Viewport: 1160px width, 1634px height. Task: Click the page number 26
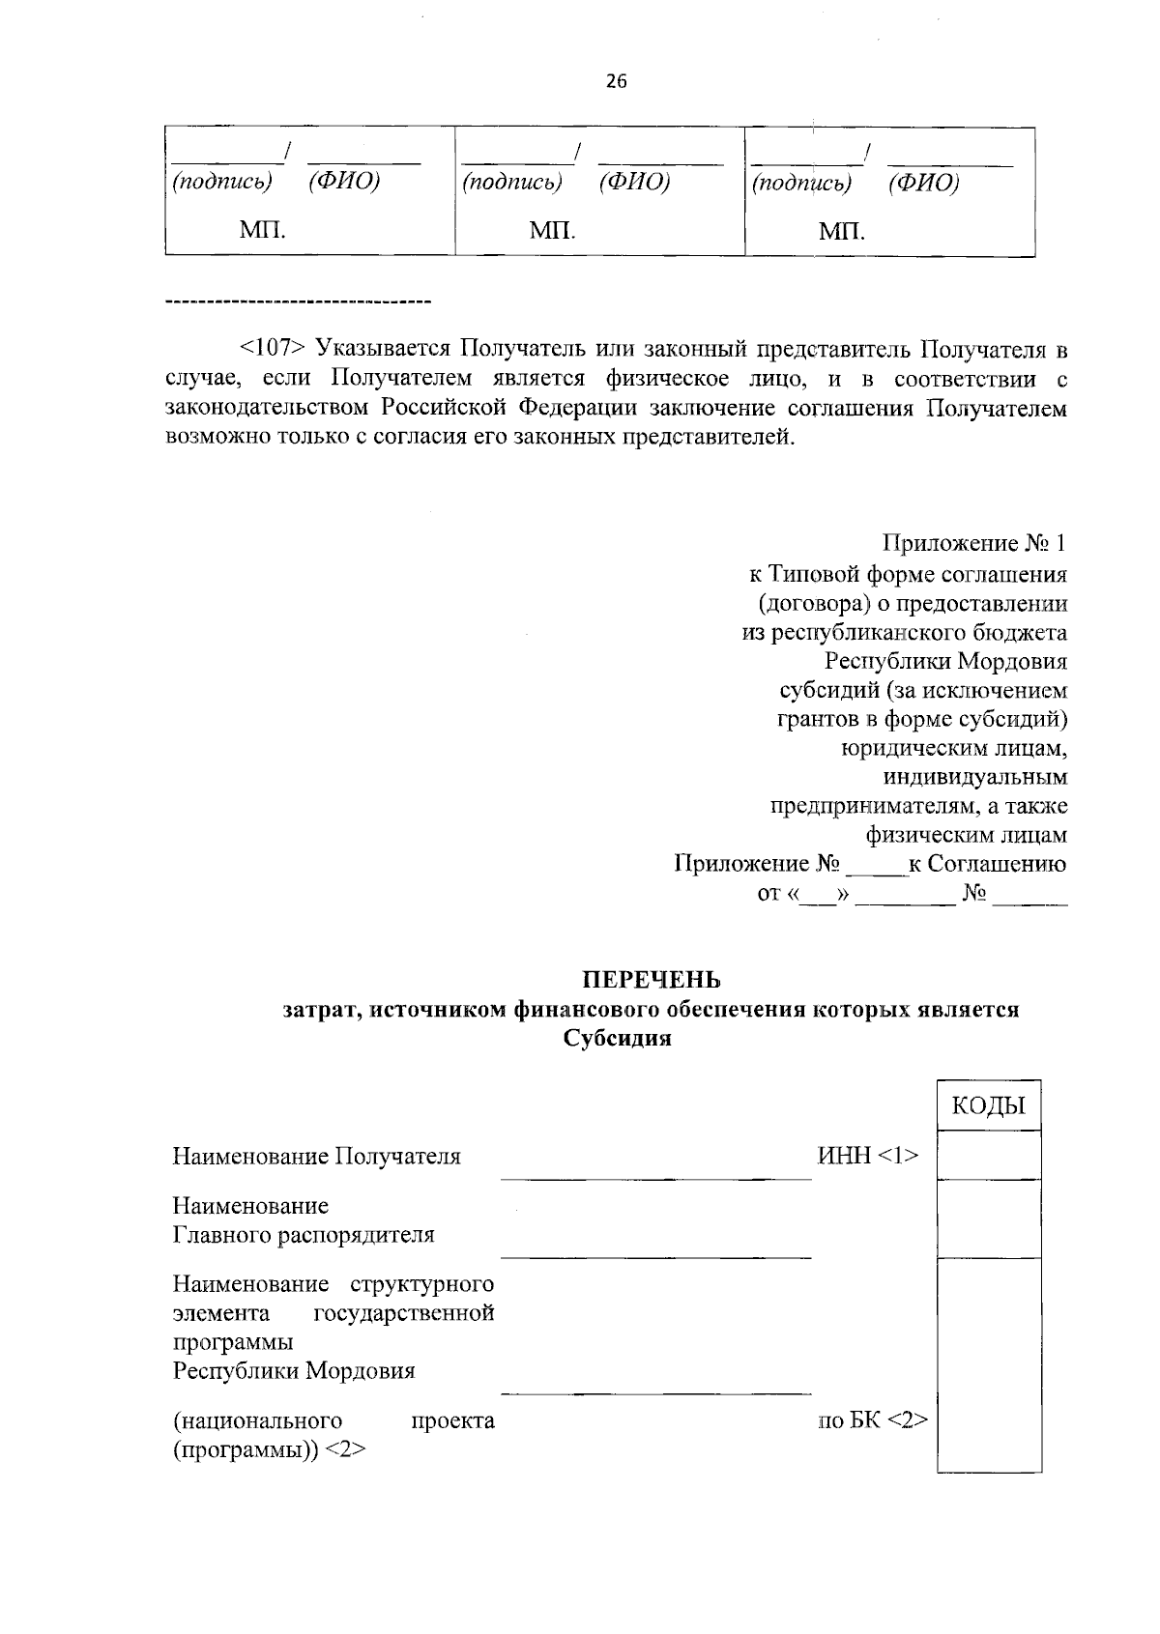coord(616,82)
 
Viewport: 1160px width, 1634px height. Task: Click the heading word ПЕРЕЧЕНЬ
coord(651,980)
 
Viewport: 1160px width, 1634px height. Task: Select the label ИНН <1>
coord(867,1156)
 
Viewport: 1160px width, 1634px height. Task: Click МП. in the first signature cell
coord(261,230)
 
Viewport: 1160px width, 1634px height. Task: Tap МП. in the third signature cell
coord(841,231)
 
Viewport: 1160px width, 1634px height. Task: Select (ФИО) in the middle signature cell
coord(634,182)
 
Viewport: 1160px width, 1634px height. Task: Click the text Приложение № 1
coord(973,544)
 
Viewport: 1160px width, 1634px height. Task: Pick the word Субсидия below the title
coord(616,1040)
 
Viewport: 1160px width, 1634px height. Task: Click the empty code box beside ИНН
coord(988,1155)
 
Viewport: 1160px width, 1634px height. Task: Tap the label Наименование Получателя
coord(316,1156)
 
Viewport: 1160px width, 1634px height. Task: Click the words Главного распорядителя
coord(304,1235)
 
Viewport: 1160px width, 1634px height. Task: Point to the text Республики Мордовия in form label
coord(294,1371)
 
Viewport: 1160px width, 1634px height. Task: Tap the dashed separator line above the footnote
coord(298,303)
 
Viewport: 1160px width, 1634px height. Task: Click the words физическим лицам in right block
coord(967,835)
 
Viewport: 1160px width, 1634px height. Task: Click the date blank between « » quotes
coord(819,896)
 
